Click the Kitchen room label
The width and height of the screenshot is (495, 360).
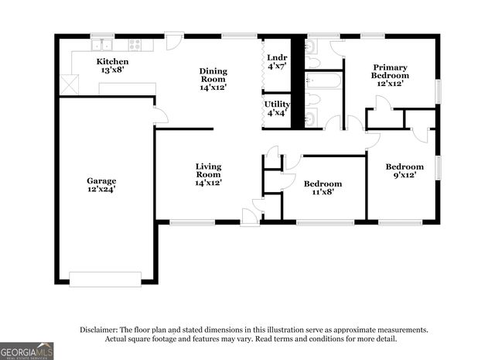click(x=112, y=66)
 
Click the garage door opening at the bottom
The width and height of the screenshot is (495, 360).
click(x=105, y=279)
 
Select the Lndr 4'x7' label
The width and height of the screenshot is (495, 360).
click(x=276, y=61)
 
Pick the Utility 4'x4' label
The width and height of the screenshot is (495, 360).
click(x=277, y=108)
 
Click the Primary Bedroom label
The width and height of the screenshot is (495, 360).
click(x=390, y=71)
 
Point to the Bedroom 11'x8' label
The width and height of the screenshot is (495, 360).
click(x=323, y=188)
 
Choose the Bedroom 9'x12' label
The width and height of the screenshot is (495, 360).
click(x=405, y=171)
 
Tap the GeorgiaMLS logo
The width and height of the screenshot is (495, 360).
click(x=27, y=351)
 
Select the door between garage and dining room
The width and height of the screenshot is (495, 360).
click(x=159, y=116)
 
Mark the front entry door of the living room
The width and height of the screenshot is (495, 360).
click(x=249, y=217)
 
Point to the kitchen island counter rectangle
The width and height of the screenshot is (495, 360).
click(x=127, y=88)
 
